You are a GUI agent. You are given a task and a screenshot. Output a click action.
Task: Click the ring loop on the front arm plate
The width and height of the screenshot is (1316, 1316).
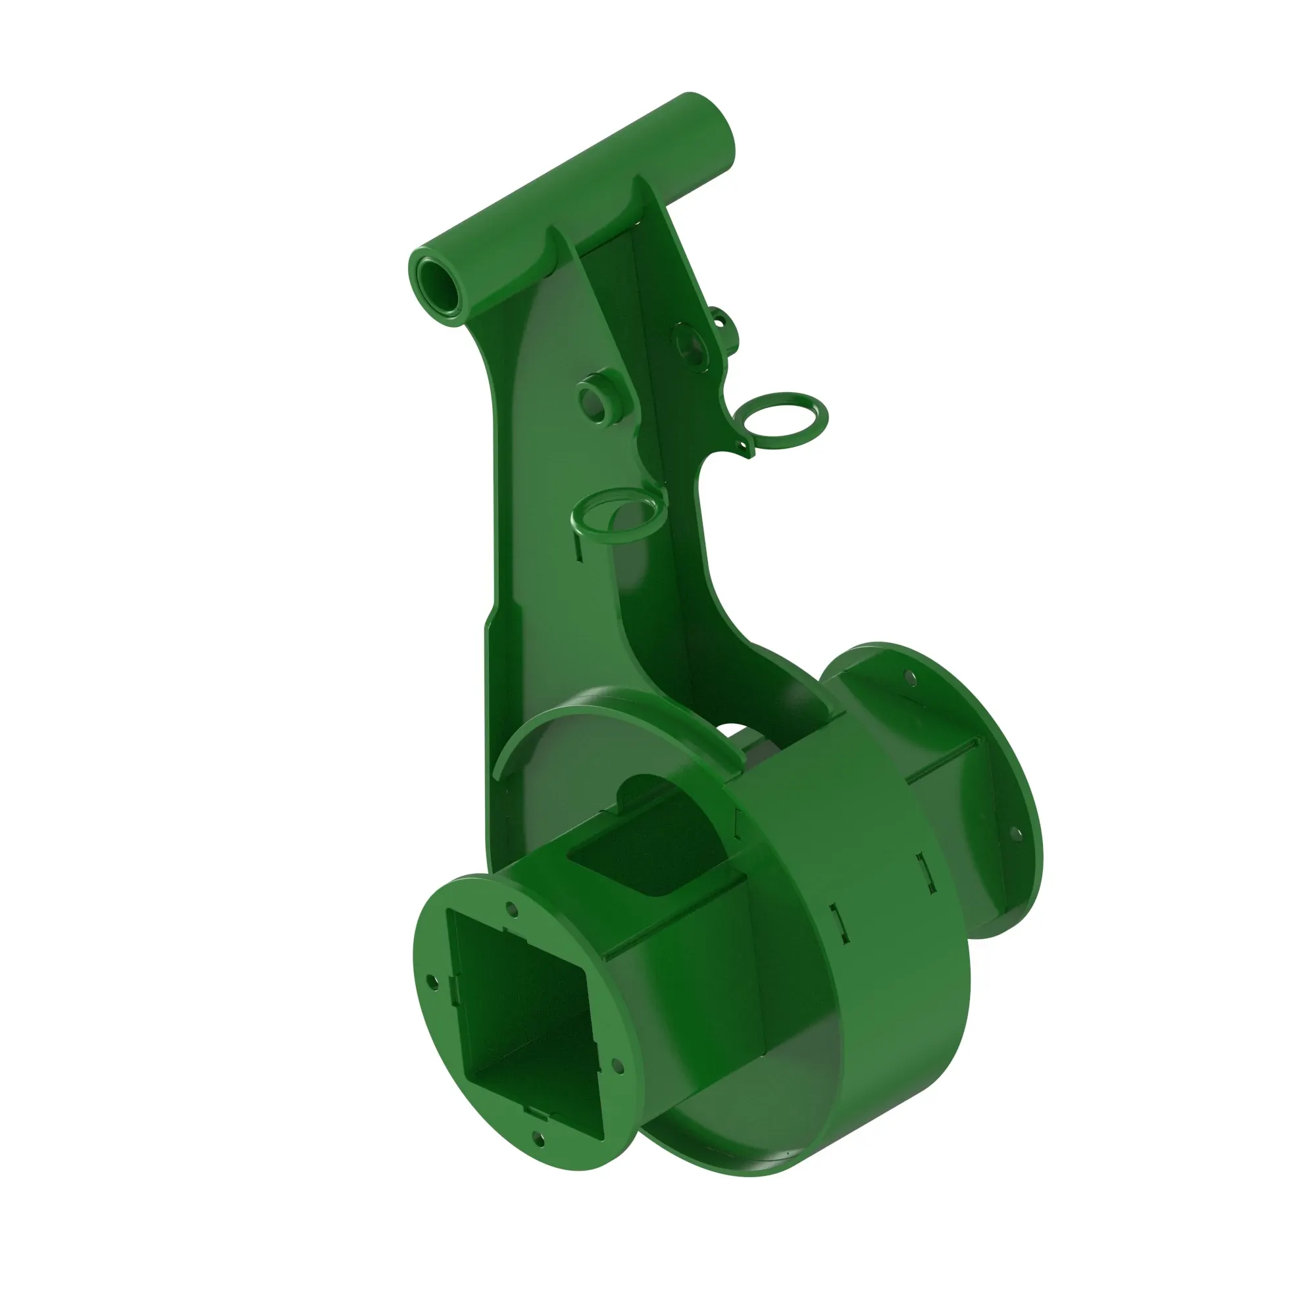coord(618,517)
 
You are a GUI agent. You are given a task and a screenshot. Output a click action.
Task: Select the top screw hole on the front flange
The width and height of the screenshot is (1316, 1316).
coord(512,911)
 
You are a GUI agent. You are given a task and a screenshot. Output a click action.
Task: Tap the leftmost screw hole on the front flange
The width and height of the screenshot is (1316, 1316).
coord(431,981)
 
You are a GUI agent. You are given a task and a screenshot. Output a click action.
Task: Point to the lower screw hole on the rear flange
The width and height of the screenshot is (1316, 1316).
coord(1014,833)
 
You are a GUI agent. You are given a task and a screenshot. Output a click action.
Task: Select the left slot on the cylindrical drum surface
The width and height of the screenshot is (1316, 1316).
coord(839,924)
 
